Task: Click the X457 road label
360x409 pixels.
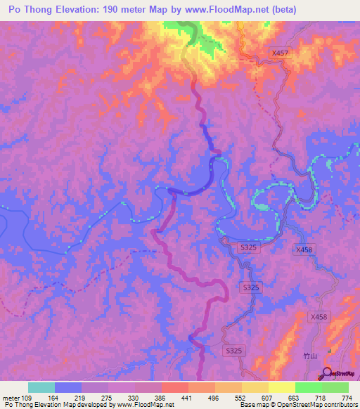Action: point(280,53)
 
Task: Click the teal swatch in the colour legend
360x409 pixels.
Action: point(41,387)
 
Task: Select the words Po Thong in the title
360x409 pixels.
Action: point(30,10)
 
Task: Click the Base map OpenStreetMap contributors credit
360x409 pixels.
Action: point(297,405)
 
